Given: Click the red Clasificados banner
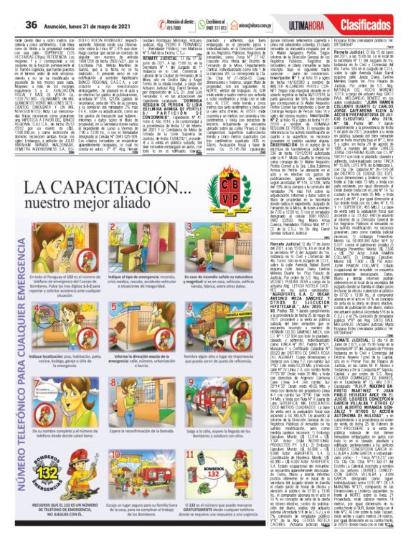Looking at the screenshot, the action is point(386,9).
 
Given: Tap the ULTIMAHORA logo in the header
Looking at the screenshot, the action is point(332,9).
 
